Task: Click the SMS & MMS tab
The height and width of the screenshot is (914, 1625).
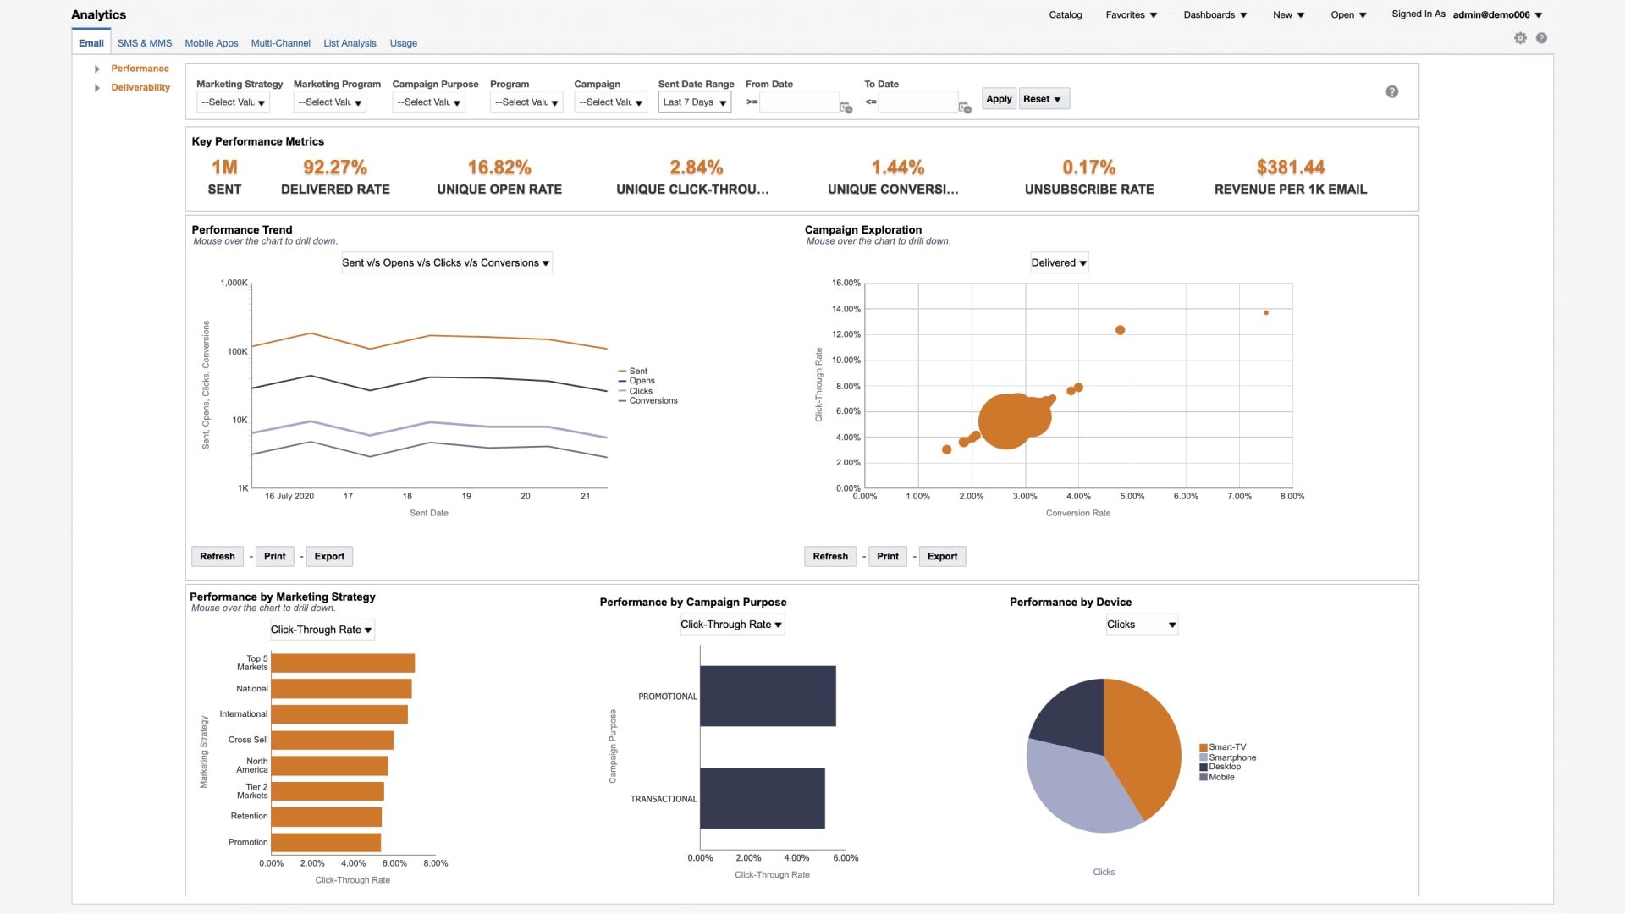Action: pos(145,43)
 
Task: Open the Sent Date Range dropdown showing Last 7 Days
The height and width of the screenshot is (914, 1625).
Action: pos(694,102)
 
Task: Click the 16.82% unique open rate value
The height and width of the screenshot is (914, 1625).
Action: pos(499,168)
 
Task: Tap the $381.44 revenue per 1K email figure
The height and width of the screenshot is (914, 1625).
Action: pos(1290,168)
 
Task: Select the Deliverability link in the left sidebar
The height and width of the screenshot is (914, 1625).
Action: pos(140,87)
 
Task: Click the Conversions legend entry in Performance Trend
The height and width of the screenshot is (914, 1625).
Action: pos(653,401)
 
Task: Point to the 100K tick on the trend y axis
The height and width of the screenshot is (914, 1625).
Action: pos(237,351)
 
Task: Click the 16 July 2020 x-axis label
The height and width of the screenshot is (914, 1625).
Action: pos(289,497)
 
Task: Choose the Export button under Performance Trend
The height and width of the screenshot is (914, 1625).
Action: pos(329,557)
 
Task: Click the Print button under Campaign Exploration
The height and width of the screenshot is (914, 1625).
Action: pos(887,557)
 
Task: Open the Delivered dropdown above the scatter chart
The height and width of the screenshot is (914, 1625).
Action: pos(1059,263)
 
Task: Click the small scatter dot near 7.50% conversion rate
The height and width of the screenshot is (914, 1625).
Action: pos(1266,313)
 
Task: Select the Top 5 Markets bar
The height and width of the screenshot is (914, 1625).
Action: pos(343,663)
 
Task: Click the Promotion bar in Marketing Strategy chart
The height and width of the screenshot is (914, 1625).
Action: pos(326,843)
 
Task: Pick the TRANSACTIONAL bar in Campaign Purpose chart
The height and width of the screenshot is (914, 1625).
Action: pos(762,798)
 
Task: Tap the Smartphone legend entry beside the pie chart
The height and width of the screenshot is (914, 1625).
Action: pos(1231,757)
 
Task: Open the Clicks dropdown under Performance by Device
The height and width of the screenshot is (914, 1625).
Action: pos(1141,625)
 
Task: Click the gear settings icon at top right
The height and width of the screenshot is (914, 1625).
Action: pos(1520,38)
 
